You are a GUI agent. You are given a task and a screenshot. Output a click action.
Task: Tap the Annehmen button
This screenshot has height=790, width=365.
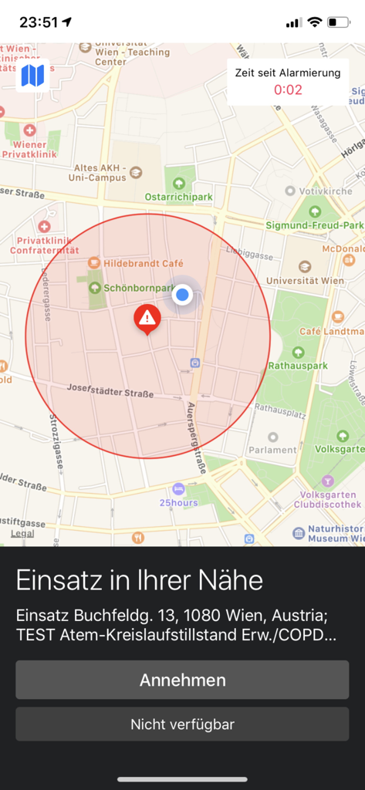(x=182, y=680)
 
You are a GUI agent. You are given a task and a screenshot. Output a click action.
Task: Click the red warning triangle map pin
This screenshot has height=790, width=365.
(x=147, y=317)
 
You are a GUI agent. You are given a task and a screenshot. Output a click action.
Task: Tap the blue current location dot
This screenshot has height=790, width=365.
(x=182, y=294)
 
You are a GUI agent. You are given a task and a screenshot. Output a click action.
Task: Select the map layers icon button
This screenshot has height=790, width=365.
(x=32, y=76)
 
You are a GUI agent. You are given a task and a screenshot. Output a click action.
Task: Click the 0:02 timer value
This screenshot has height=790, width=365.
(x=288, y=89)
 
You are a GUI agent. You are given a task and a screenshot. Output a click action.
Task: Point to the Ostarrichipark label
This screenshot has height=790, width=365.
(x=179, y=197)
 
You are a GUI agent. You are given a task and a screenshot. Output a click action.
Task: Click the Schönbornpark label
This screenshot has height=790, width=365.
(x=139, y=288)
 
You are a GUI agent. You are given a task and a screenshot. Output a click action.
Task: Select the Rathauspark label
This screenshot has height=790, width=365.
(x=298, y=366)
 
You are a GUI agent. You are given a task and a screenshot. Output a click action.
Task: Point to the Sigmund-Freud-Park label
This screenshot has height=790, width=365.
(x=314, y=225)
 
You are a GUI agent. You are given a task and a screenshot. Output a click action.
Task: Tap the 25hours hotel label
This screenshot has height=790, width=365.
(x=178, y=502)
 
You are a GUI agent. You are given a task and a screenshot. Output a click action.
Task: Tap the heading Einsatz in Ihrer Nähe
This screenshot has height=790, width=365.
(x=140, y=580)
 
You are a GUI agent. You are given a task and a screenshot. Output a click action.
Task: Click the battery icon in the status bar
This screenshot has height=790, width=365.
(x=338, y=22)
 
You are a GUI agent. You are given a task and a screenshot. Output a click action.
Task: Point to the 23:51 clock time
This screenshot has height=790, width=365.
(x=39, y=22)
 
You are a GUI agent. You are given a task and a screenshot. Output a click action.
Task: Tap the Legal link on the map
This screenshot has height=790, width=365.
(x=22, y=533)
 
